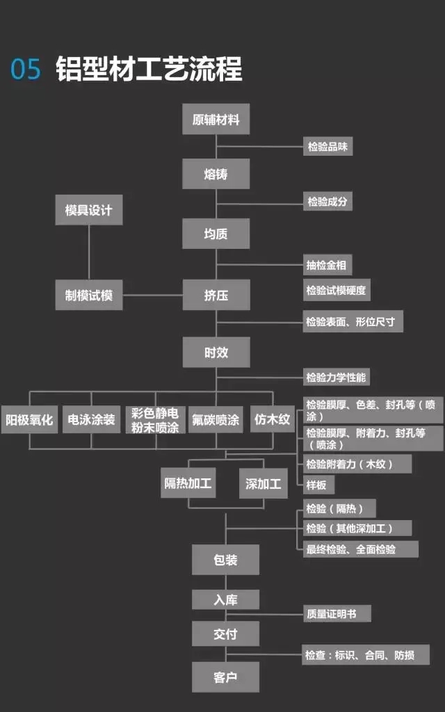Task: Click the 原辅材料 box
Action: (216, 120)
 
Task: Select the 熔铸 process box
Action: (216, 174)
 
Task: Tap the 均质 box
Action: (216, 234)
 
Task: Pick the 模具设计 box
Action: (88, 210)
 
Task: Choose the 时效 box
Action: (216, 353)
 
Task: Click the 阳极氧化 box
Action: (29, 419)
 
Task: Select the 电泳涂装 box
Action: (91, 419)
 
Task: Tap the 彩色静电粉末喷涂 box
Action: (154, 419)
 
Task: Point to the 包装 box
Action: (225, 560)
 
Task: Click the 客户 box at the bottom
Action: (225, 676)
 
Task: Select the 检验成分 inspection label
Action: (327, 202)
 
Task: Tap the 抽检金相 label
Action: (326, 264)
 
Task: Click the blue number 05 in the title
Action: (26, 70)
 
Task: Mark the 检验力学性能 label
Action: (336, 378)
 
